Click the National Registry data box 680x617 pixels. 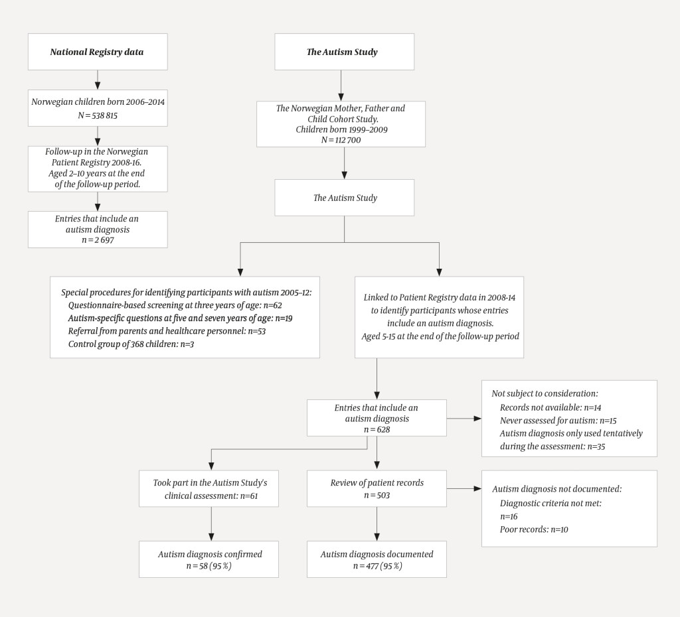point(97,52)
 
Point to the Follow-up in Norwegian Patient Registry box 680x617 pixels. point(97,168)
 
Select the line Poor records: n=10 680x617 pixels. point(534,529)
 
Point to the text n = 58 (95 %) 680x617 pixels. point(209,566)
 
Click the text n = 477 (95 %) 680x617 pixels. point(377,566)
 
